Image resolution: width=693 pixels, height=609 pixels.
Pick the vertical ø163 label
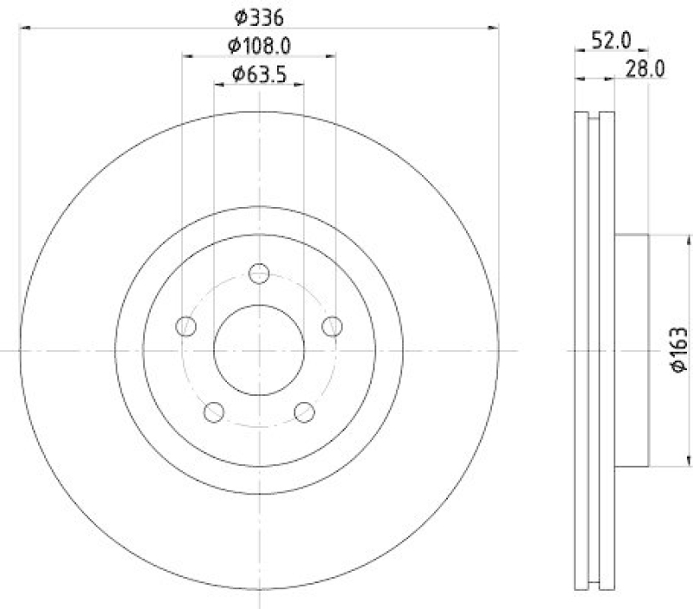click(679, 350)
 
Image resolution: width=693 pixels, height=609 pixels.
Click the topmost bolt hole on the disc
click(259, 274)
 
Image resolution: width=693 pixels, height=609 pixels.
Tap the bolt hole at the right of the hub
click(332, 326)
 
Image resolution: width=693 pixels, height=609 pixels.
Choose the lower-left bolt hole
click(214, 411)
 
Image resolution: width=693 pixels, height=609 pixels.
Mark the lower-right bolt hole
click(304, 411)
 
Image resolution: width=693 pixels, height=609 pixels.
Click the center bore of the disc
click(259, 350)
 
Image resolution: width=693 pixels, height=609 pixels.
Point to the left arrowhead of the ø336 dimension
click(24, 29)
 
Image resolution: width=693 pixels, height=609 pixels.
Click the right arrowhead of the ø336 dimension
click(494, 29)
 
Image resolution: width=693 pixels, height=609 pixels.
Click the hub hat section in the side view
click(631, 350)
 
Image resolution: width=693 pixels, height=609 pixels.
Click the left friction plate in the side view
click(582, 350)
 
